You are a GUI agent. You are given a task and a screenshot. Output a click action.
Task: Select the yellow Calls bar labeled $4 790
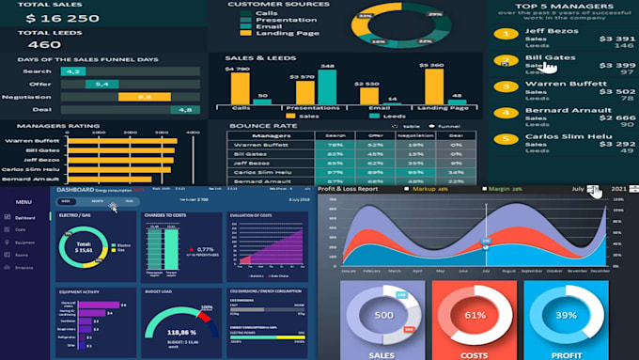pos(240,86)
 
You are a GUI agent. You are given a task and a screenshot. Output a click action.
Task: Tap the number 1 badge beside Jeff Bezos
pos(507,35)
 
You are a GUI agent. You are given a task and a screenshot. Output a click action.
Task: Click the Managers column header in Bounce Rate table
pos(272,135)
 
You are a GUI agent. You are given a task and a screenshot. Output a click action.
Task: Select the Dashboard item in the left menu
pos(25,217)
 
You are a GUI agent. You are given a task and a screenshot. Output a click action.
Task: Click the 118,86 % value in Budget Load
pos(181,332)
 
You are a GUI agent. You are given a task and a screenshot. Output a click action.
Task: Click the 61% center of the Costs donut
pos(475,314)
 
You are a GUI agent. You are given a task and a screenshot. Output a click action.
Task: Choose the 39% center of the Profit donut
pos(566,314)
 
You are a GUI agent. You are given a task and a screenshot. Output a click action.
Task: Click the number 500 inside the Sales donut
pos(383,315)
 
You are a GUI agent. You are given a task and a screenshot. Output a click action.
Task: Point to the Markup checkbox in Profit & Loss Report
pos(406,189)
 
